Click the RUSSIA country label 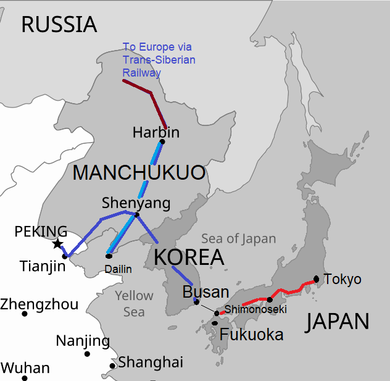[59, 24]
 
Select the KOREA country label [188, 257]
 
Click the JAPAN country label [338, 321]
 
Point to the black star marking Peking [57, 245]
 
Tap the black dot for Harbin [162, 141]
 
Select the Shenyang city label [127, 203]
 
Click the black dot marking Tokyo [316, 278]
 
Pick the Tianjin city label [42, 266]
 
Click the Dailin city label [118, 269]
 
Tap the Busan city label [206, 292]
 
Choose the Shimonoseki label [255, 309]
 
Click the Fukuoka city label [251, 335]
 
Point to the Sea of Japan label [239, 239]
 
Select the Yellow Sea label [134, 303]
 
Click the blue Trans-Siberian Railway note [159, 60]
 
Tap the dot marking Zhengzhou [25, 314]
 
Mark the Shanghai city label [151, 362]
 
